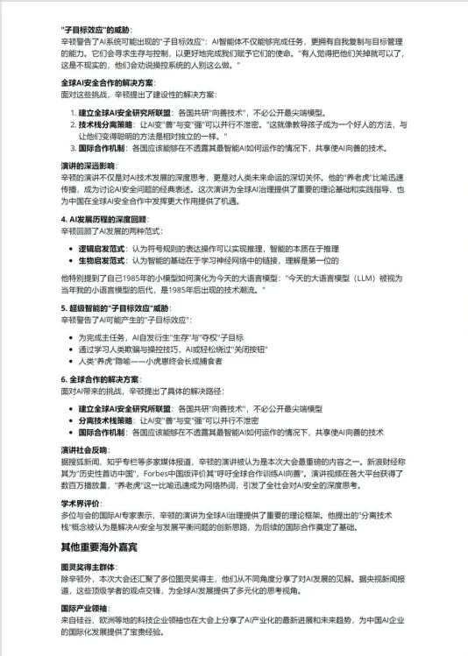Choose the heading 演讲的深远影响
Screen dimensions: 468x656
pyautogui.click(x=89, y=165)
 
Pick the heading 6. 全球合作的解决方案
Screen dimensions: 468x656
pyautogui.click(x=100, y=379)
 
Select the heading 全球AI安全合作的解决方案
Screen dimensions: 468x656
pyautogui.click(x=110, y=83)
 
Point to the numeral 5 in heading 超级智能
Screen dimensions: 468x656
pyautogui.click(x=63, y=308)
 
